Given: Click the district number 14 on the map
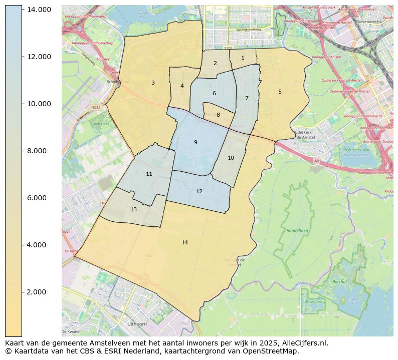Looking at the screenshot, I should [x=184, y=242].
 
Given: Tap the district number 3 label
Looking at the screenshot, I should [x=153, y=83].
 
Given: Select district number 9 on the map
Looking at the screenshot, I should [x=195, y=142].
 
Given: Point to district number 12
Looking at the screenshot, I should [x=199, y=191].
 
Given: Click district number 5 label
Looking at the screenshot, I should [x=280, y=92].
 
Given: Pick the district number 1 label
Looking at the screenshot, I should [x=243, y=58].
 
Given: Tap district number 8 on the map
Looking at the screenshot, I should [x=218, y=115].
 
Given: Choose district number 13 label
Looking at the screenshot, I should [x=133, y=209].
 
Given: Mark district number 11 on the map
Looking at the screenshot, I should [x=149, y=174].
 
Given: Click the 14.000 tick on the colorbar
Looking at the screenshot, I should [x=38, y=10].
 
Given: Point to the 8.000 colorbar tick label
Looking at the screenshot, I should [x=38, y=151].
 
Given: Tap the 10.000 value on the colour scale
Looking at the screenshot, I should [x=38, y=104].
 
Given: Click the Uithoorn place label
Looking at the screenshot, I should [x=137, y=324].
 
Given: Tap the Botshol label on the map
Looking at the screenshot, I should [x=339, y=282].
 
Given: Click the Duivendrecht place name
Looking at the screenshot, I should [x=368, y=22].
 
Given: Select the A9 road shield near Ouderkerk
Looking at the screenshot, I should [x=316, y=161].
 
